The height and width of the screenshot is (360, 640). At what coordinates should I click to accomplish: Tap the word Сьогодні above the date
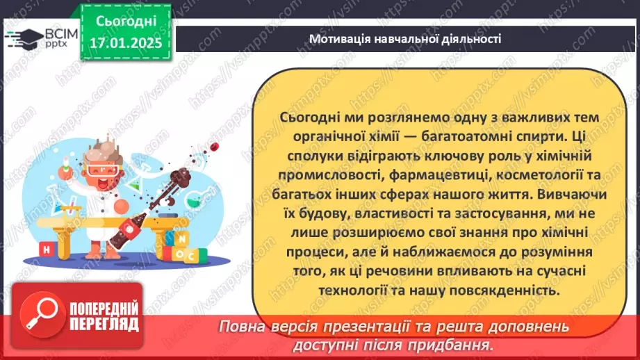pos(126,20)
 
